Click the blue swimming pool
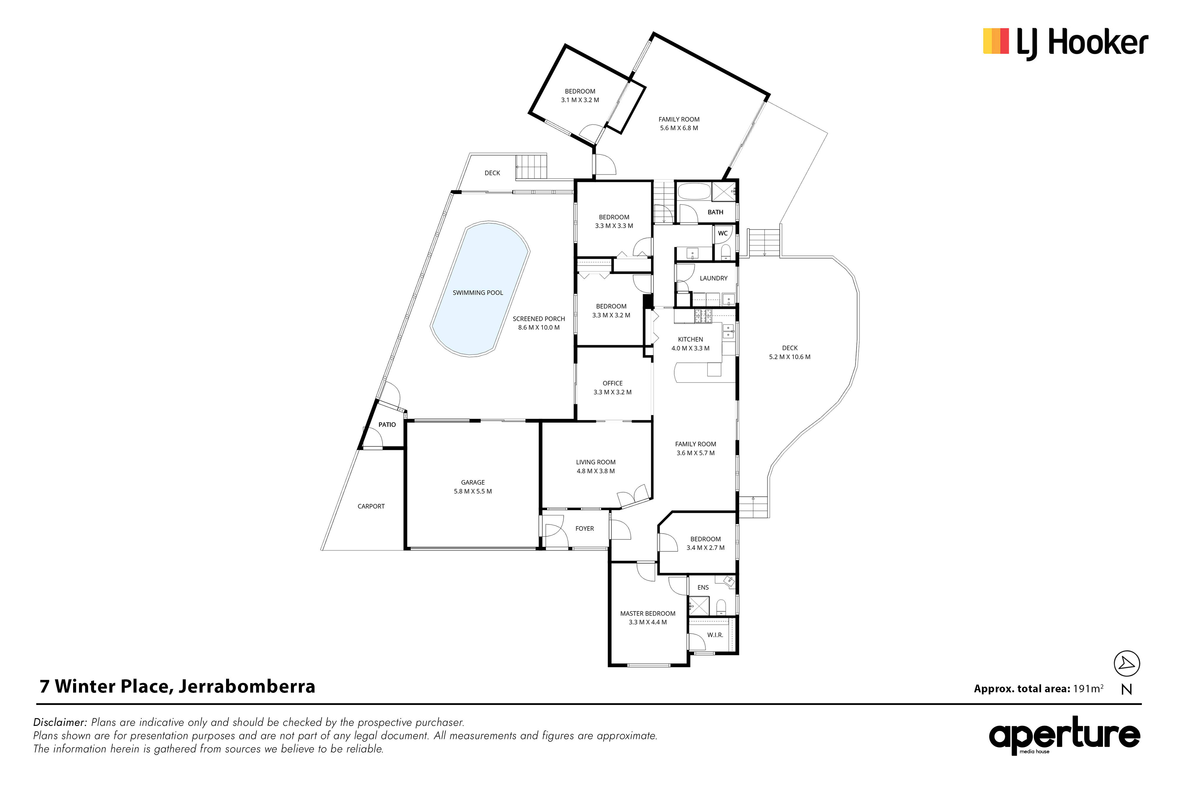pyautogui.click(x=480, y=289)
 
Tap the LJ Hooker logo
pyautogui.click(x=1065, y=43)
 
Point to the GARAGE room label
pyautogui.click(x=473, y=482)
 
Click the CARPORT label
pyautogui.click(x=371, y=506)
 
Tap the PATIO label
pyautogui.click(x=387, y=425)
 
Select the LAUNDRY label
pyautogui.click(x=713, y=278)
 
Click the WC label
pyautogui.click(x=722, y=233)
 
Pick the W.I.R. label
pyautogui.click(x=715, y=635)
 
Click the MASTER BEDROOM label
pyautogui.click(x=648, y=614)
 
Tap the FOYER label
pyautogui.click(x=584, y=528)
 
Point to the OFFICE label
pyautogui.click(x=612, y=383)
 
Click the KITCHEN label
pyautogui.click(x=690, y=340)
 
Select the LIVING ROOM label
pyautogui.click(x=595, y=462)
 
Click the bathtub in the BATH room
pyautogui.click(x=694, y=192)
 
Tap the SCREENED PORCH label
pyautogui.click(x=539, y=319)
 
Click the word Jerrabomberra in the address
pyautogui.click(x=247, y=686)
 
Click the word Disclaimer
pyautogui.click(x=60, y=722)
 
